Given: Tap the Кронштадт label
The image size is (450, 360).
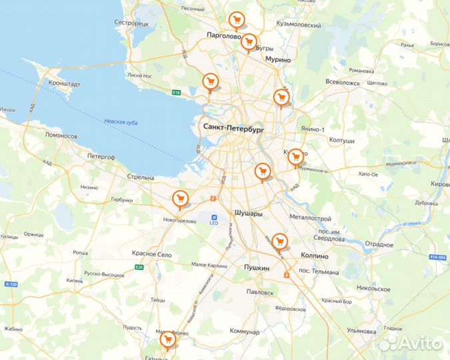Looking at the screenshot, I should [64, 84].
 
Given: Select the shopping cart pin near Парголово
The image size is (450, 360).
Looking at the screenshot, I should [235, 21].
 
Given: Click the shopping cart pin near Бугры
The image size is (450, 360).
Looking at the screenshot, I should [249, 43].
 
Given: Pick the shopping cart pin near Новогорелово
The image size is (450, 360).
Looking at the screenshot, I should [179, 198].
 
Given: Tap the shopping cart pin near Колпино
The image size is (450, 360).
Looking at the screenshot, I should [279, 240].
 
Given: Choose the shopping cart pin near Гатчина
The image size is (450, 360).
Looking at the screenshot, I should [167, 341].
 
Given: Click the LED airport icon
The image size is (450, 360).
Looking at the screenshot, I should [214, 218].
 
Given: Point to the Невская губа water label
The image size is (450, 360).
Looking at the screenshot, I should [121, 121].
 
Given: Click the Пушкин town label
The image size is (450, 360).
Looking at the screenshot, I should [256, 268].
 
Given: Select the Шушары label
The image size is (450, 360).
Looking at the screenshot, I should [249, 213].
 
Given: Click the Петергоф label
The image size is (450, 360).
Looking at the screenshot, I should [101, 157].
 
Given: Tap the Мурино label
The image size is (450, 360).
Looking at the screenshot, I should [279, 59].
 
